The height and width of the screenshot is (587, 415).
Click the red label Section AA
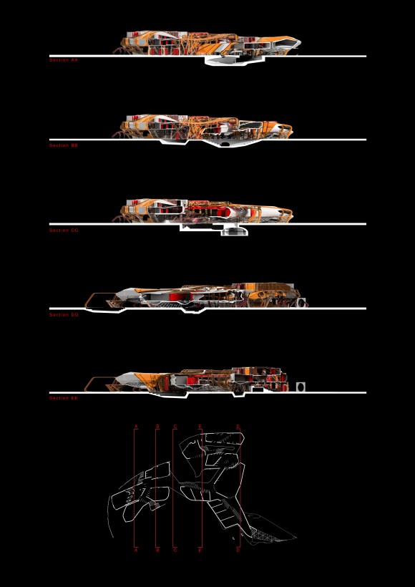(64, 61)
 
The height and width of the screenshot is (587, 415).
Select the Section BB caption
(64, 145)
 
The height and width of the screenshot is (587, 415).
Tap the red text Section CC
(64, 231)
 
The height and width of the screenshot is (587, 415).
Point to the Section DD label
(64, 315)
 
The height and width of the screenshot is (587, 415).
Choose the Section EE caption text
(64, 398)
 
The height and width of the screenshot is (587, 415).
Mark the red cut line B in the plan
(157, 487)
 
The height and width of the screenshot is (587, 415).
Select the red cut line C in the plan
(174, 487)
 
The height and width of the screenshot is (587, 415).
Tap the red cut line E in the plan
(202, 487)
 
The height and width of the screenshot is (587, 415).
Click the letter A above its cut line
(135, 427)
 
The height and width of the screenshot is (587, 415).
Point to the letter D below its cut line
(238, 550)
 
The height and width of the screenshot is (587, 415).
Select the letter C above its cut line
(175, 427)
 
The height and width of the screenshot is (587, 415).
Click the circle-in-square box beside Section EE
(301, 387)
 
